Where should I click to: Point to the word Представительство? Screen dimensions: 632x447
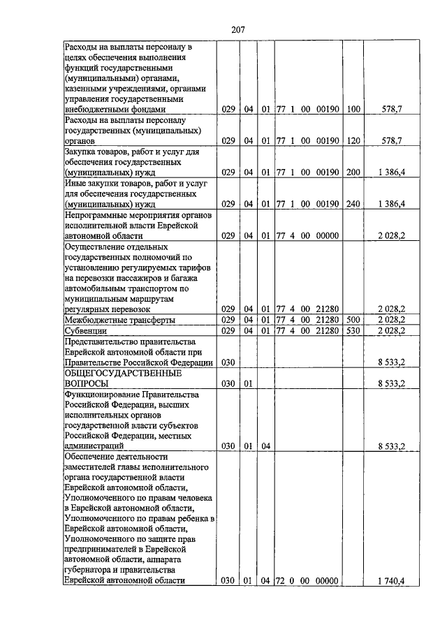click(102, 341)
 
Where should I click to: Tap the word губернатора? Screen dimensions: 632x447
click(89, 570)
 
